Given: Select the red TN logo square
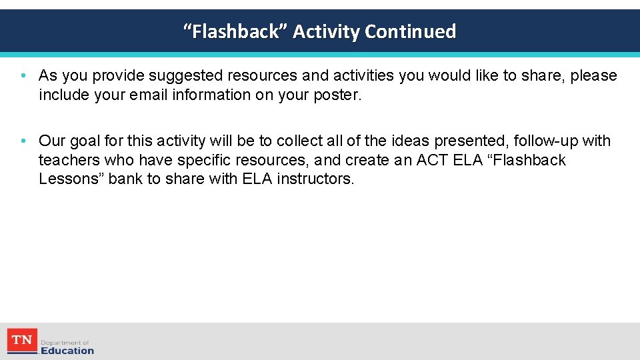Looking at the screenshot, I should click(22, 341).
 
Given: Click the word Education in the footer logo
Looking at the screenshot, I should click(67, 351).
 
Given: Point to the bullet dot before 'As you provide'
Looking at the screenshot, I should click(23, 76).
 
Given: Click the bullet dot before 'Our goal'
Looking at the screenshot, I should click(23, 141).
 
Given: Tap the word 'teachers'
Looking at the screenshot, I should click(68, 160).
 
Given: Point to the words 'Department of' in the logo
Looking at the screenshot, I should click(65, 342).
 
